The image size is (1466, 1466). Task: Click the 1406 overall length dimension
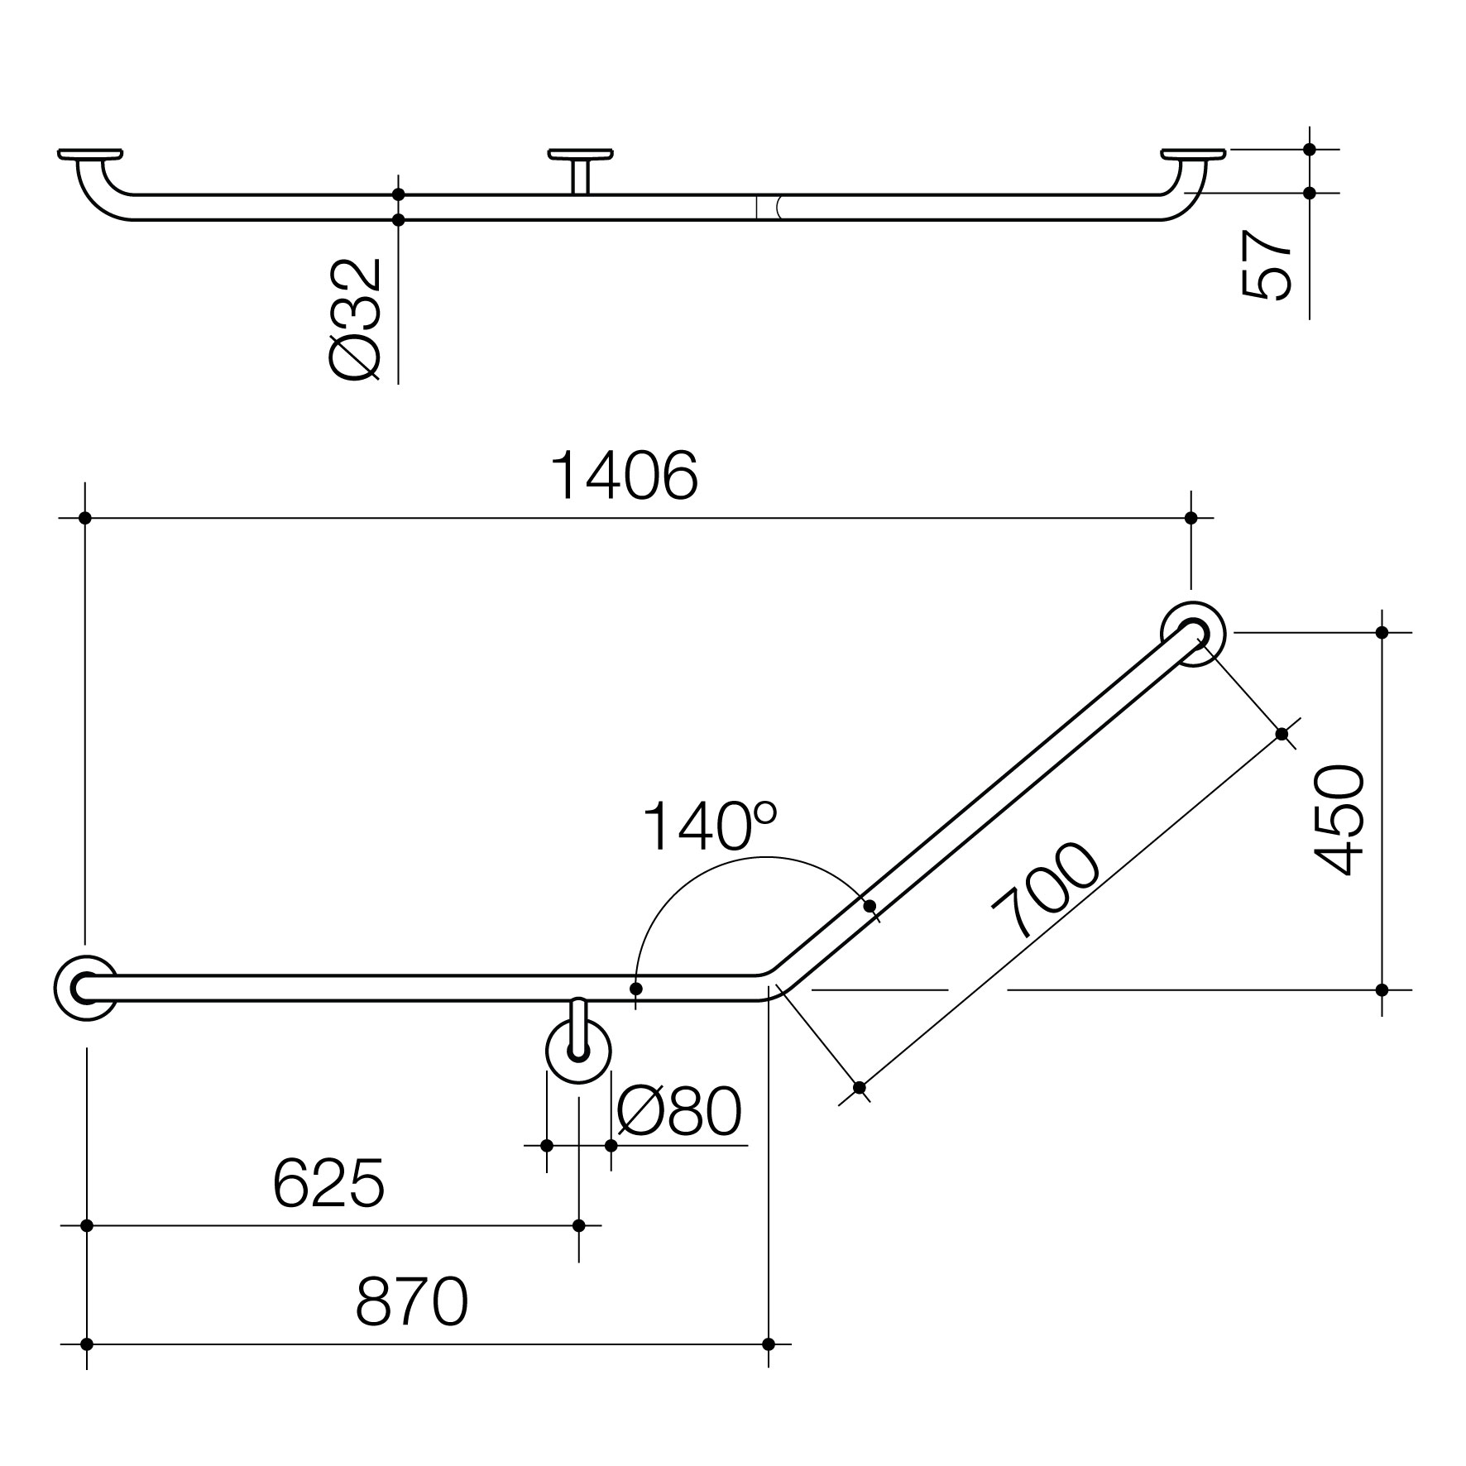coord(625,477)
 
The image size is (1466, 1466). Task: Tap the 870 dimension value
coord(412,1301)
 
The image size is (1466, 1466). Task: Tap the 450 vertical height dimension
coord(1339,820)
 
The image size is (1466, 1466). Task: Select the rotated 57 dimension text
coord(1267,264)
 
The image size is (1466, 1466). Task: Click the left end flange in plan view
coord(84,988)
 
